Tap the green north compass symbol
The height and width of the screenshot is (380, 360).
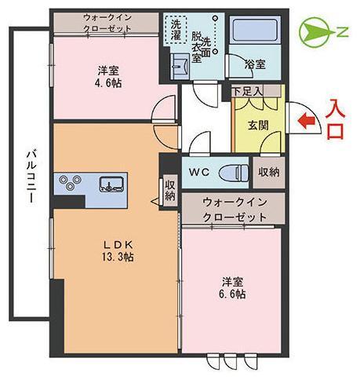coord(317,33)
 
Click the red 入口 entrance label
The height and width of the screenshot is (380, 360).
coord(336,118)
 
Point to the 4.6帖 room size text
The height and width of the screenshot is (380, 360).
coord(109,83)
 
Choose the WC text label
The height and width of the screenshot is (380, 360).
coord(197,171)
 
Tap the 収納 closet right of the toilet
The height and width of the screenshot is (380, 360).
coord(267,171)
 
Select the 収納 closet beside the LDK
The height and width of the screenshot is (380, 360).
coord(170,190)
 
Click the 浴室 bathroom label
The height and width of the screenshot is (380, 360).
coord(255,64)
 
